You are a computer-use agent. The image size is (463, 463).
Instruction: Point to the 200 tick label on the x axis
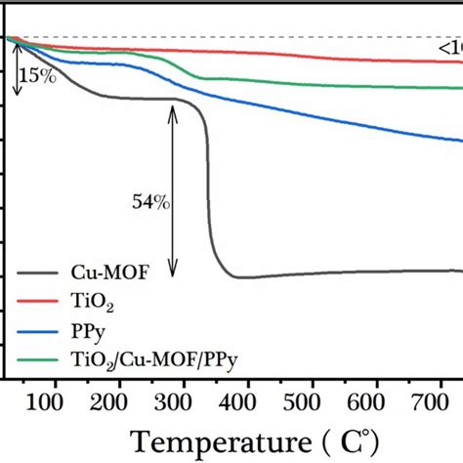pos(117,401)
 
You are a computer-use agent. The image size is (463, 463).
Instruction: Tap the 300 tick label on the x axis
pos(182,401)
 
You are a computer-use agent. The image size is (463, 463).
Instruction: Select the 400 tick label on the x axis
pos(246,401)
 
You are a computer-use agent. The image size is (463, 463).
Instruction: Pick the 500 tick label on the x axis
pos(311,401)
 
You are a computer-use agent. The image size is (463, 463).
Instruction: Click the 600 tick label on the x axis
pos(375,401)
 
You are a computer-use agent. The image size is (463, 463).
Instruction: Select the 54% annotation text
pos(150,203)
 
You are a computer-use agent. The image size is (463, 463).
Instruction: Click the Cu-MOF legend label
pos(96,276)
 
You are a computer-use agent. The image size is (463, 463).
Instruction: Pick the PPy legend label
pos(86,333)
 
